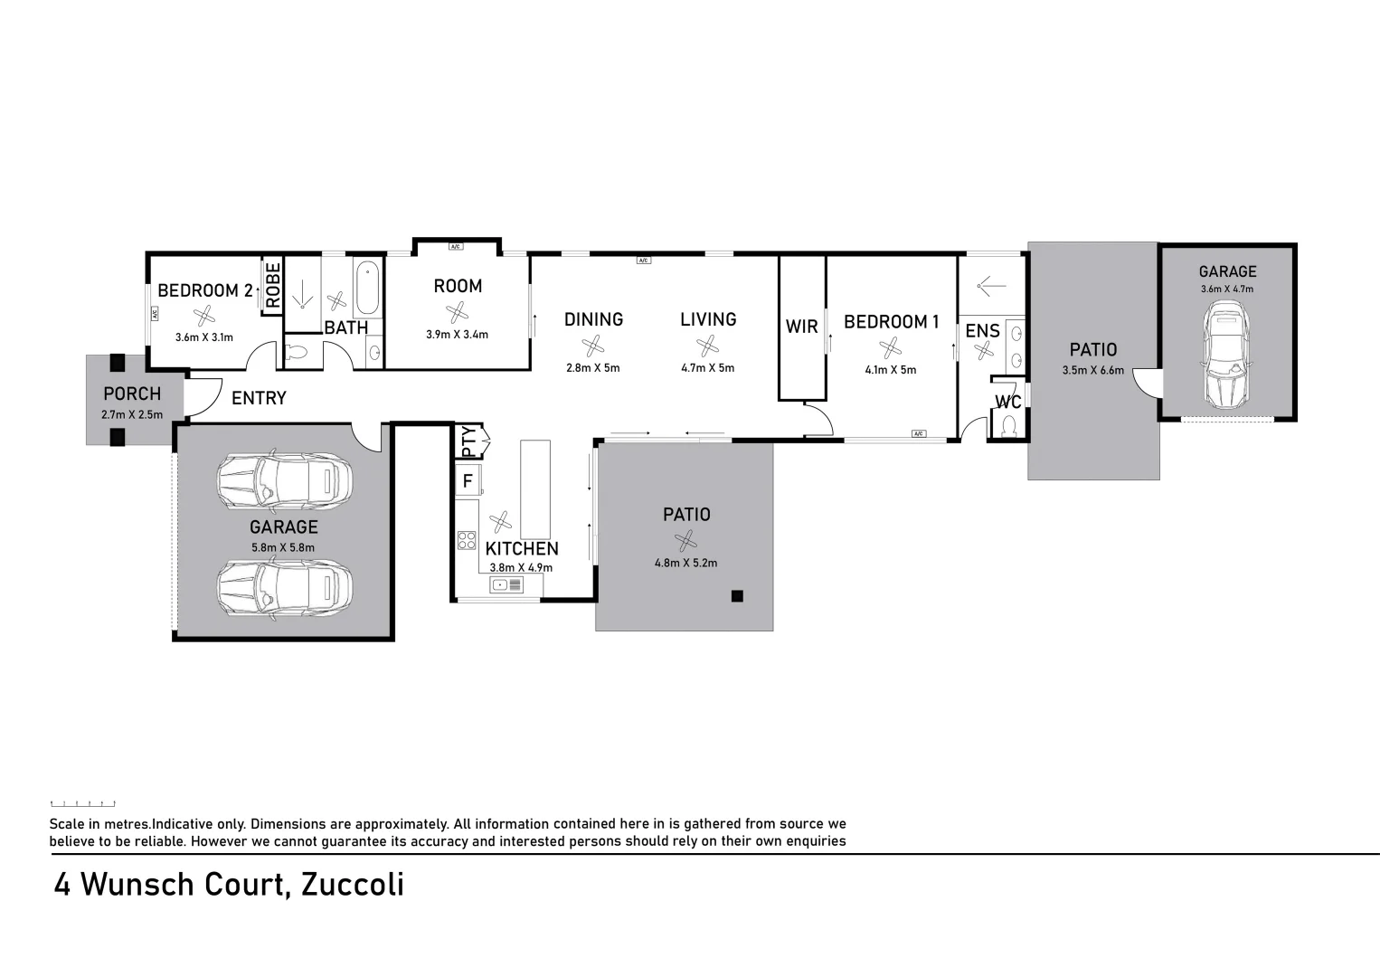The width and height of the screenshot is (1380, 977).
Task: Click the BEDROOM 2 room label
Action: [204, 290]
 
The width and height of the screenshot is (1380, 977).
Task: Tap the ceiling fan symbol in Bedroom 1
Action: [890, 347]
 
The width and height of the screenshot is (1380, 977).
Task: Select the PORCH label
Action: [132, 394]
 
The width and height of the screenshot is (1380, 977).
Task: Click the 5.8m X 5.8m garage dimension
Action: [283, 547]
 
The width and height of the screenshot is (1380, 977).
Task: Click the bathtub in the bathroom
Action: [368, 288]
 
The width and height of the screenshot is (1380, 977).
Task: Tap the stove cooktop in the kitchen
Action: [467, 540]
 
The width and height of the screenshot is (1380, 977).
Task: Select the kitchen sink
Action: [506, 585]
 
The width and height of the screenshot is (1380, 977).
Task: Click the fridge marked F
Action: [468, 480]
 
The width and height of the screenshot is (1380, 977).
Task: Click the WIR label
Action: [801, 327]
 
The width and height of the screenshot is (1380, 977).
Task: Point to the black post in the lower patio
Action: [737, 595]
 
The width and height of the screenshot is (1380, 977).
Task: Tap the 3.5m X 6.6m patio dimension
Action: [1092, 370]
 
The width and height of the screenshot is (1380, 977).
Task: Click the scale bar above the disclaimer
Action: [82, 803]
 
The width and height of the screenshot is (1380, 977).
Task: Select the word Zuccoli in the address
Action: [352, 884]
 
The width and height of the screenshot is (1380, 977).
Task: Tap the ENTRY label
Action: [259, 398]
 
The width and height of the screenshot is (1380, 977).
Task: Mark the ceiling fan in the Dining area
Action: [593, 346]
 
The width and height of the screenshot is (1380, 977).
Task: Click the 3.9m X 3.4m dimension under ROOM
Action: [457, 335]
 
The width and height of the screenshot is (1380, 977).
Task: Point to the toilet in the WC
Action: [1009, 423]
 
